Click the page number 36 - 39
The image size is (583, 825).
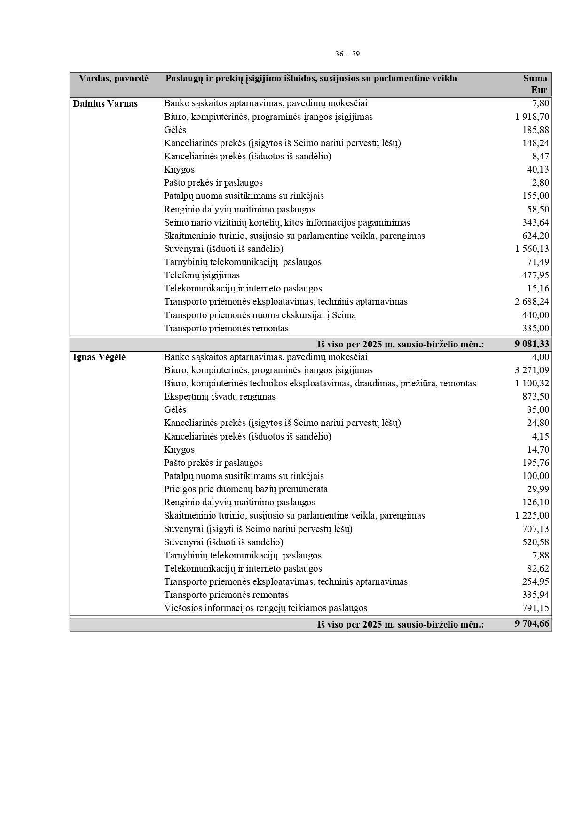coord(347,54)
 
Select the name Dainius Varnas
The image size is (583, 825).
coord(105,104)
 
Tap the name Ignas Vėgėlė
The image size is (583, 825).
coord(99,357)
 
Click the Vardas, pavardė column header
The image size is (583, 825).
coord(114,79)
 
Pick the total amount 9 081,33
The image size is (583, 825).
coord(532,344)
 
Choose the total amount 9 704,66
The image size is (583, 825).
coord(532,624)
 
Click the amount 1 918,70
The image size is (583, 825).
coord(532,117)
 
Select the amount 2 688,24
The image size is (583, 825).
coord(532,302)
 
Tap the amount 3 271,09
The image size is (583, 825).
coord(532,370)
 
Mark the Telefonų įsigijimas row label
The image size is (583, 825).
coord(202,275)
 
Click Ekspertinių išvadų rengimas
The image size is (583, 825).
coord(220,397)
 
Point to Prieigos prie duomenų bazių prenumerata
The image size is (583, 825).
coord(245,489)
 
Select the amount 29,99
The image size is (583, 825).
coord(538,489)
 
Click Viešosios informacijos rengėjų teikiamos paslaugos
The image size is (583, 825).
coord(265,608)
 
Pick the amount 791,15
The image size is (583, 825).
coord(536,608)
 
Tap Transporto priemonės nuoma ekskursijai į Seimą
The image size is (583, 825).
coord(260,315)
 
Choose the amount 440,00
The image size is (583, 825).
coord(536,315)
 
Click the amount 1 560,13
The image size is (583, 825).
coord(532,249)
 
